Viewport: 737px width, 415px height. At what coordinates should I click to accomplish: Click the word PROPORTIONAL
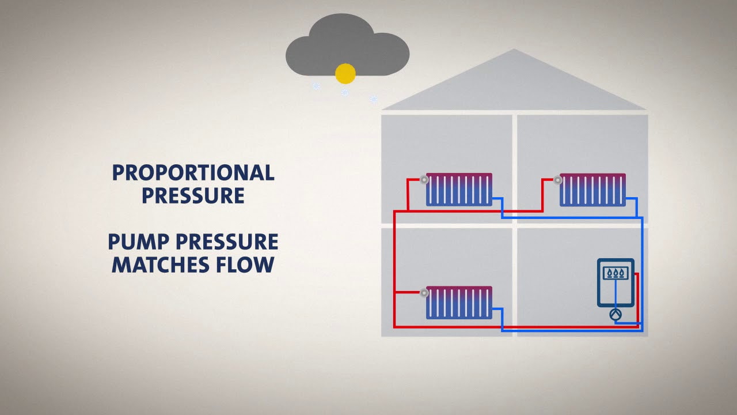(193, 172)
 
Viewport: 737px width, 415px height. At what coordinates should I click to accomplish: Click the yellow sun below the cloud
(345, 73)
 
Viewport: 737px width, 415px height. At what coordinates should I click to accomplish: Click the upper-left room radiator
(459, 190)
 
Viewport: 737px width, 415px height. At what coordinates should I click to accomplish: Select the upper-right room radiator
(592, 190)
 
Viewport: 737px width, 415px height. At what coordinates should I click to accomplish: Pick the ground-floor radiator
(459, 303)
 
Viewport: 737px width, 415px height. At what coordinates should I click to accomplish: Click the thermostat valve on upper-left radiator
(424, 180)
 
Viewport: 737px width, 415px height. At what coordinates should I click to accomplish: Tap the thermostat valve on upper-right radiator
(558, 180)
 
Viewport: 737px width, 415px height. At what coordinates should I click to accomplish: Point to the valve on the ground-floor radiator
(424, 293)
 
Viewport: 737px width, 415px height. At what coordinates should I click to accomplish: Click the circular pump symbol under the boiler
(616, 314)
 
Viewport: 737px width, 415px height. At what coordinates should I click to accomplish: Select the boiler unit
(616, 283)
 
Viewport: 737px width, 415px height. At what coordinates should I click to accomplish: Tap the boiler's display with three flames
(616, 273)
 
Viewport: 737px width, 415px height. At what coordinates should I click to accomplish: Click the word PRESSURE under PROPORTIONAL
(193, 195)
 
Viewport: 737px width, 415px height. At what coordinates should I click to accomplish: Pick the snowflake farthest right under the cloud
(373, 99)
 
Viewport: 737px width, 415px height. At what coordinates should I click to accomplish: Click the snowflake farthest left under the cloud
(316, 86)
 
